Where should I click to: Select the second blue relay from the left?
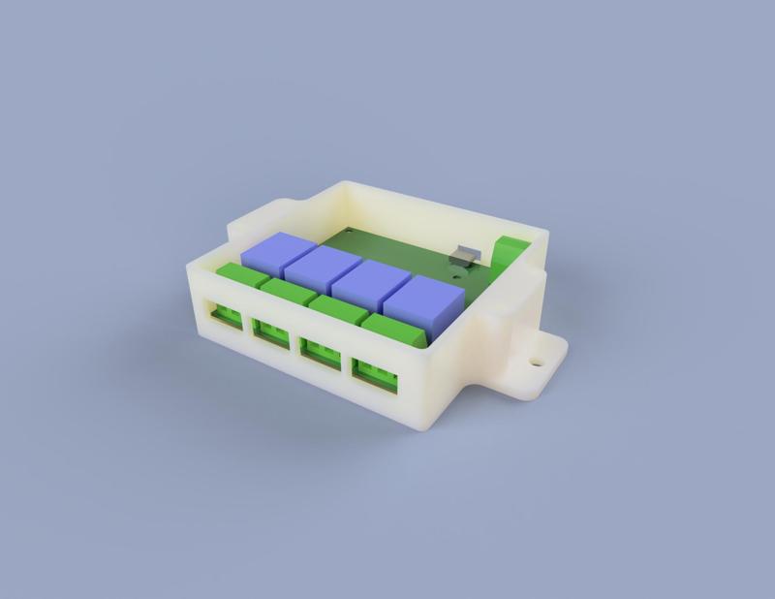click(x=320, y=269)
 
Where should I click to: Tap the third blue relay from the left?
click(x=367, y=285)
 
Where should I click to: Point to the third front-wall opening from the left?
click(x=320, y=350)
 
